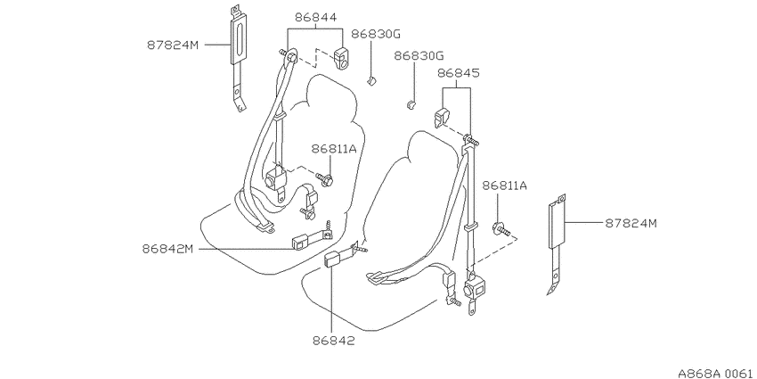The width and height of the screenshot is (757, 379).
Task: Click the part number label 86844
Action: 316,18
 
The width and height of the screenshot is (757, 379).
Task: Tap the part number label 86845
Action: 459,73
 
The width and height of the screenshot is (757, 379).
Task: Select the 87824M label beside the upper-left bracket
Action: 173,45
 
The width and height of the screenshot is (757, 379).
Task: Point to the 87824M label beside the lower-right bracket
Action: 631,223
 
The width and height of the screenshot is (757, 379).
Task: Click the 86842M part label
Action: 168,249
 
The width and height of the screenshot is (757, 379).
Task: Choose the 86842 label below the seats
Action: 334,341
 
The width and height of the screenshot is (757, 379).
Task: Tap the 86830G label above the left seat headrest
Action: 376,34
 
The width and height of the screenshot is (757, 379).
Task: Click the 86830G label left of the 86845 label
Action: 419,55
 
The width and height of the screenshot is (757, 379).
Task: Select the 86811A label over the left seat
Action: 334,149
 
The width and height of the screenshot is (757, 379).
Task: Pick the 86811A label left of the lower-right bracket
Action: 504,185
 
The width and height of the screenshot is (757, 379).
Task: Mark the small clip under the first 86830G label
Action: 370,80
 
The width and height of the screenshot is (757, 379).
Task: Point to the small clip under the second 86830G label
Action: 411,104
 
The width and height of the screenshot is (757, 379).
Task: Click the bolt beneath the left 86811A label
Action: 325,179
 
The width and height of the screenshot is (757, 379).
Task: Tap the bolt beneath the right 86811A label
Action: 501,229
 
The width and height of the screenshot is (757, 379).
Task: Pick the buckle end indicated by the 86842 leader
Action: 333,260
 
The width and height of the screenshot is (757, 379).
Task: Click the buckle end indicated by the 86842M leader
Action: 299,243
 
